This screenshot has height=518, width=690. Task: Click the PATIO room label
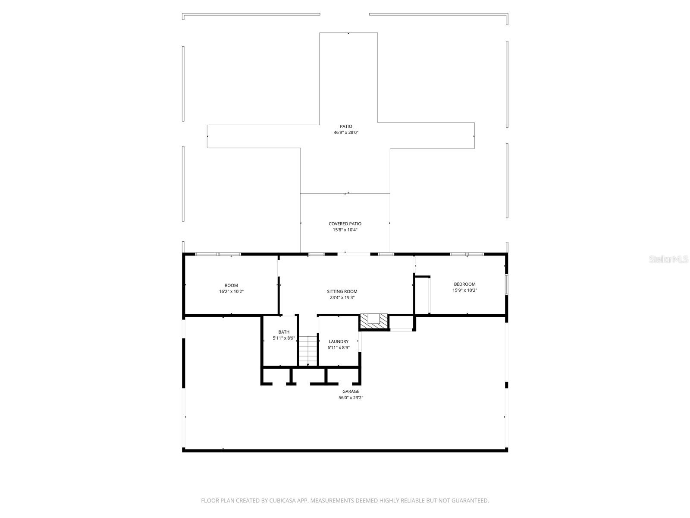pyautogui.click(x=346, y=126)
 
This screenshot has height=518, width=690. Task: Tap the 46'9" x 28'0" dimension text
pyautogui.click(x=346, y=133)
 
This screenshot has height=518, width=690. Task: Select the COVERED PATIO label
pyautogui.click(x=345, y=224)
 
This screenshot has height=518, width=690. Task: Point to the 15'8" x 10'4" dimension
pyautogui.click(x=345, y=230)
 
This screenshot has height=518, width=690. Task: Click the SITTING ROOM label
pyautogui.click(x=342, y=291)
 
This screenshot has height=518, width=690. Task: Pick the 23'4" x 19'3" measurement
pyautogui.click(x=342, y=297)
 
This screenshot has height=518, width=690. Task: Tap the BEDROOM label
pyautogui.click(x=464, y=284)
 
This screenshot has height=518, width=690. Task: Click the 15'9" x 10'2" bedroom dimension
pyautogui.click(x=464, y=290)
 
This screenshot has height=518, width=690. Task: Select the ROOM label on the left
pyautogui.click(x=231, y=285)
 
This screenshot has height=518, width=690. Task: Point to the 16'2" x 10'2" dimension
pyautogui.click(x=231, y=291)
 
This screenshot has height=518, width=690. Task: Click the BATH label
pyautogui.click(x=284, y=332)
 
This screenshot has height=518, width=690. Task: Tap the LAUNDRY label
pyautogui.click(x=339, y=341)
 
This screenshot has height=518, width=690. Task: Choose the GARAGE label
pyautogui.click(x=351, y=392)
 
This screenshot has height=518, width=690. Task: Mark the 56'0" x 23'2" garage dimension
pyautogui.click(x=351, y=398)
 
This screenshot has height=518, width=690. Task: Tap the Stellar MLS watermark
pyautogui.click(x=669, y=259)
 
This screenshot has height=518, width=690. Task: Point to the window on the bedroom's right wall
pyautogui.click(x=507, y=285)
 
